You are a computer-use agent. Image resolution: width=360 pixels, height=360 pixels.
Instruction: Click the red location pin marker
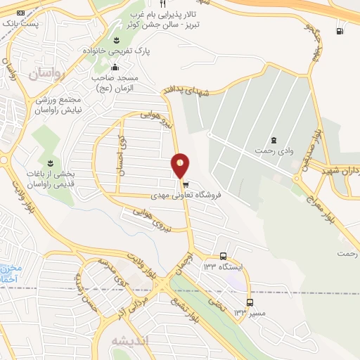[x=181, y=165]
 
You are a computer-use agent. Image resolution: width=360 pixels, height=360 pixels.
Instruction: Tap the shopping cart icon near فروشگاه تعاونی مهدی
[x=185, y=184]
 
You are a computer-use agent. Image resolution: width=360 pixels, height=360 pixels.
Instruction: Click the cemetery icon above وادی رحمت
[x=273, y=139]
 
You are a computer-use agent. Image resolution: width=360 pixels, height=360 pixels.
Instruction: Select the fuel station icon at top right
[x=340, y=30]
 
